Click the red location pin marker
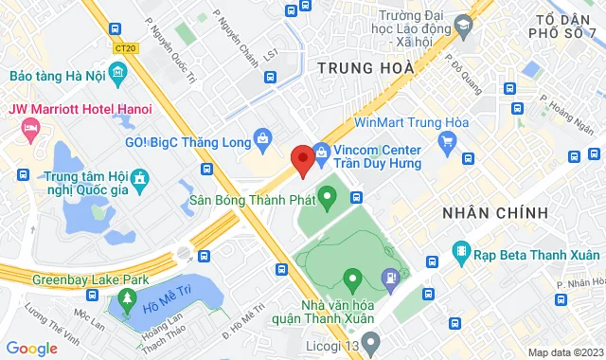302,160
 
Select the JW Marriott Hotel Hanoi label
74,109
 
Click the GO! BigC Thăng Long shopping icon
265,142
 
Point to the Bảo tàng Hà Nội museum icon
116,73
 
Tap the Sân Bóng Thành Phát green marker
328,199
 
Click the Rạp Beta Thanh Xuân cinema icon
461,252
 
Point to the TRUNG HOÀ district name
365,67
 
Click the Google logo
32,349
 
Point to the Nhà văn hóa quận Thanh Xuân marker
352,279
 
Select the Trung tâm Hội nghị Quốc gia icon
139,178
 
